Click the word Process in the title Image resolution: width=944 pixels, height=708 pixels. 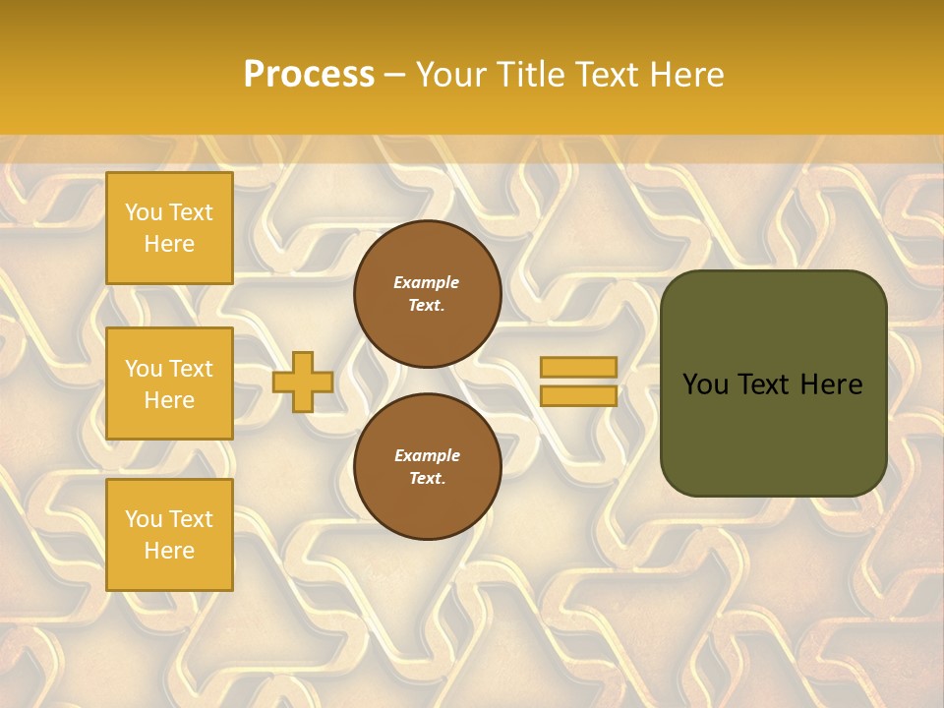pos(309,75)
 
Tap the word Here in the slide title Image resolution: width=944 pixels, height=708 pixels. pos(686,75)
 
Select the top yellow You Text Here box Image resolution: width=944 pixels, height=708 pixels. pos(169,228)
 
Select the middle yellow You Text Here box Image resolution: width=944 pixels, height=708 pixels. pos(169,383)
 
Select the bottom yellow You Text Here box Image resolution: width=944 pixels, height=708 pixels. pos(169,534)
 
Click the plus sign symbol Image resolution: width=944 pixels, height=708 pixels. pos(303,382)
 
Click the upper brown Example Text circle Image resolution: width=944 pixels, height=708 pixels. pos(427,294)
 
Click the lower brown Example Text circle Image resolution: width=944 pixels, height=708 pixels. pos(427,466)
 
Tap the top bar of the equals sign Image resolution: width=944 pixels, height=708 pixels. pos(578,367)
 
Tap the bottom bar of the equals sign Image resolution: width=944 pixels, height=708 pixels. pos(578,395)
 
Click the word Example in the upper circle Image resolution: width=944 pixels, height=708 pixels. pos(427,282)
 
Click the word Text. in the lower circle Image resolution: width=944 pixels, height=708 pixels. pos(427,478)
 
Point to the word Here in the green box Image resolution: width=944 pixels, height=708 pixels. pos(831,384)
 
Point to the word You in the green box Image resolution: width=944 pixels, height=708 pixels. pos(704,384)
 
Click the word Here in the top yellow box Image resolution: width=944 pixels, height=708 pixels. pos(169,244)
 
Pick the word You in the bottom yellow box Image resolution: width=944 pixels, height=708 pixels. pos(144,519)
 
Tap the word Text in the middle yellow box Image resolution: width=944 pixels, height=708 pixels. pos(191,369)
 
